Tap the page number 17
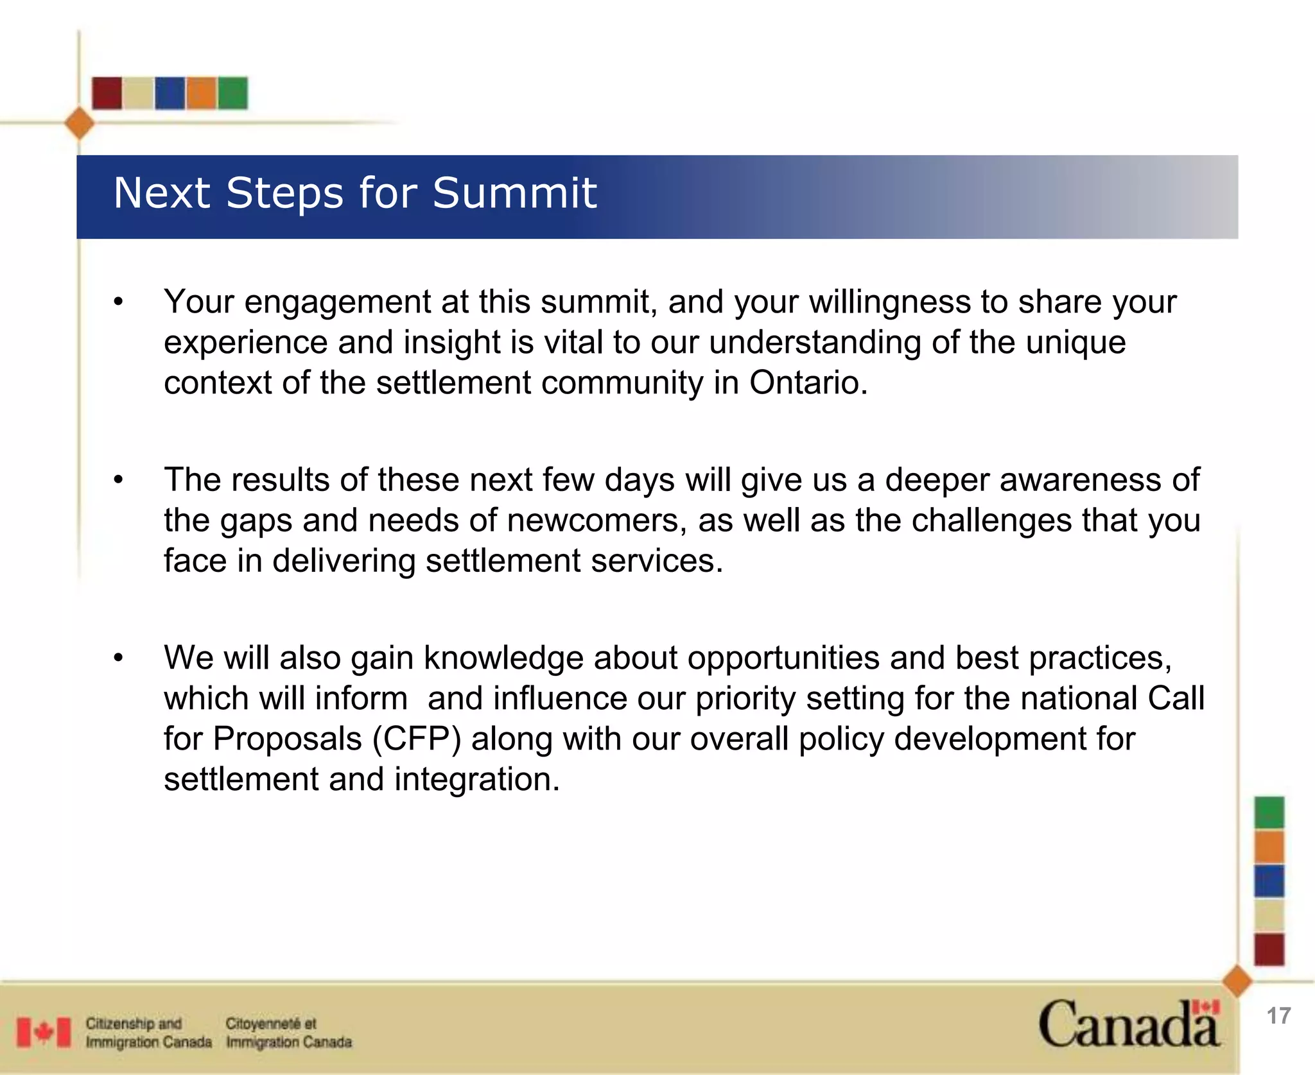1278,1016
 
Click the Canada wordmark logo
1128,1024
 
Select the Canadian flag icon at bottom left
44,1032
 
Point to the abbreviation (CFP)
417,739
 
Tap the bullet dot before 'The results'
118,480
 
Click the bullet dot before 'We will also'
118,658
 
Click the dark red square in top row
107,93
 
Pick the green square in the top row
232,93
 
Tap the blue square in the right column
1269,881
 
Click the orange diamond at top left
80,123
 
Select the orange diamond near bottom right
1237,981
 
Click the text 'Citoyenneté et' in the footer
270,1023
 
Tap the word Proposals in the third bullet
287,739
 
